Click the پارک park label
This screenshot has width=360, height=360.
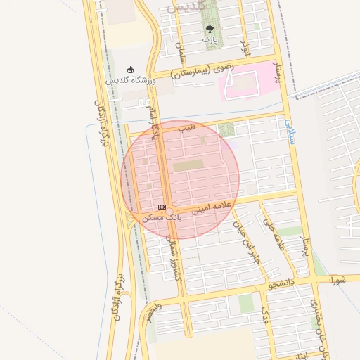(x=210, y=40)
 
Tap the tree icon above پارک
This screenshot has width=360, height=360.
(x=210, y=29)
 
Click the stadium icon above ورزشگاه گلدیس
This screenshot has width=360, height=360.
(x=131, y=70)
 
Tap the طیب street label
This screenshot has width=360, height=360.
(x=186, y=129)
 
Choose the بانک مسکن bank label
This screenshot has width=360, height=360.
(x=162, y=218)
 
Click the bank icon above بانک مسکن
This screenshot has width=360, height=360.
(x=162, y=207)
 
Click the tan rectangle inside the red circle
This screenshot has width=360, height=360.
(x=188, y=165)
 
